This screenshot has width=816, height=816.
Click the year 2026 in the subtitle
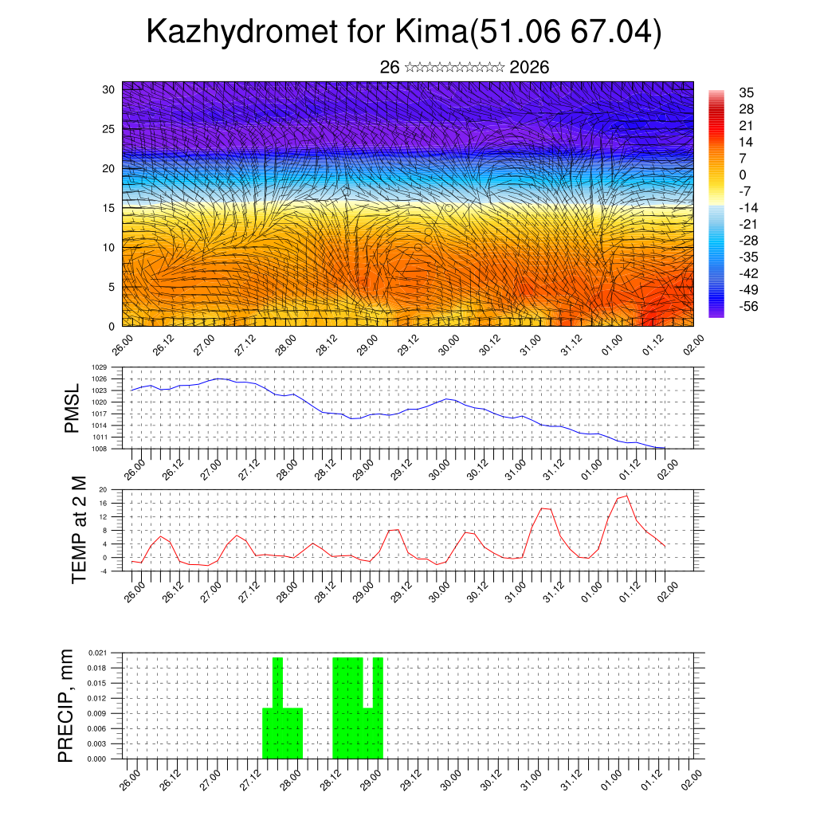(529, 67)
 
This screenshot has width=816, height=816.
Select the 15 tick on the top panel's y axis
(109, 208)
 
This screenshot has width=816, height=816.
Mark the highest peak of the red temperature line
(626, 496)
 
